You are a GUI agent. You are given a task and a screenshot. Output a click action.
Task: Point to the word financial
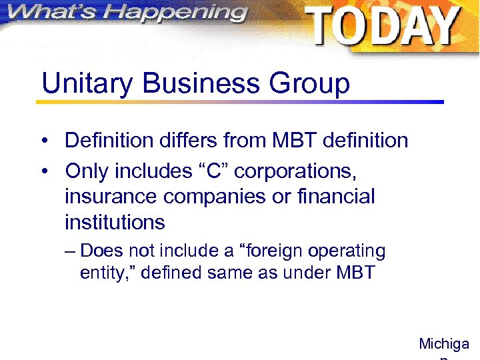click(338, 197)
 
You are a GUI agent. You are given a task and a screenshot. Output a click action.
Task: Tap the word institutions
click(115, 221)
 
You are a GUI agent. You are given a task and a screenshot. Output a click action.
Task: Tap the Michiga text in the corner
click(444, 344)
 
